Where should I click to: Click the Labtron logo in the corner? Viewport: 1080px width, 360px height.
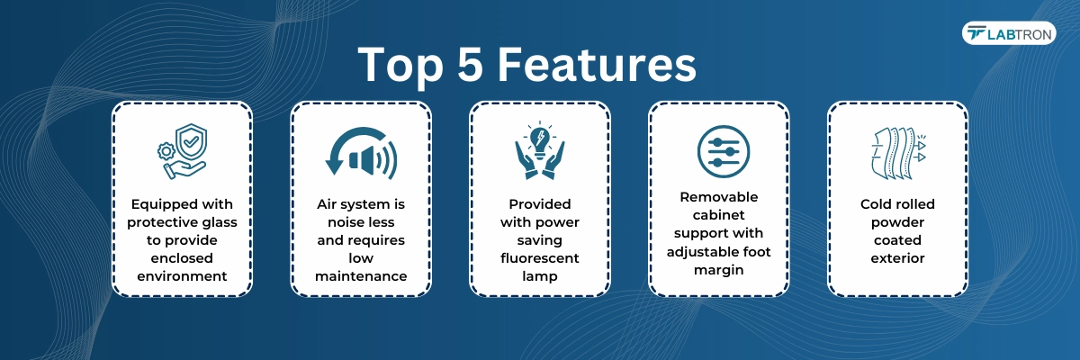pyautogui.click(x=1009, y=33)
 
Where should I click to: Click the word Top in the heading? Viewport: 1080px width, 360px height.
pyautogui.click(x=400, y=65)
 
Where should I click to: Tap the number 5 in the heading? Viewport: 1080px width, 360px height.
pyautogui.click(x=470, y=64)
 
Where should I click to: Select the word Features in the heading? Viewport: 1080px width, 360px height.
pyautogui.click(x=597, y=64)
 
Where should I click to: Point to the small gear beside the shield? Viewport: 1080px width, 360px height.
pyautogui.click(x=166, y=151)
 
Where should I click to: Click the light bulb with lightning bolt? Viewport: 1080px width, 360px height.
pyautogui.click(x=540, y=139)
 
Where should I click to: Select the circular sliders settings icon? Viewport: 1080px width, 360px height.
pyautogui.click(x=724, y=151)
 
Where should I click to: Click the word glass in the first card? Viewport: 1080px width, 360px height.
pyautogui.click(x=220, y=222)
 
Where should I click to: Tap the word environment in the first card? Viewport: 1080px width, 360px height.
pyautogui.click(x=182, y=276)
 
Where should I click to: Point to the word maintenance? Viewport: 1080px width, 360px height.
pyautogui.click(x=361, y=276)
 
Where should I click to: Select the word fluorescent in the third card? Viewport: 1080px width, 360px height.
pyautogui.click(x=539, y=258)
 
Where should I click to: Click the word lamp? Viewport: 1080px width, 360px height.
pyautogui.click(x=539, y=276)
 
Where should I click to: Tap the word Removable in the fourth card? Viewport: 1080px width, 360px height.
pyautogui.click(x=718, y=196)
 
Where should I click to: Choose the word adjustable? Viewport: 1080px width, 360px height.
pyautogui.click(x=700, y=252)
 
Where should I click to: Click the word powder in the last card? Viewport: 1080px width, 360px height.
pyautogui.click(x=897, y=222)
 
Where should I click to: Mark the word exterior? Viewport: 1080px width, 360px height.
pyautogui.click(x=897, y=258)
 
